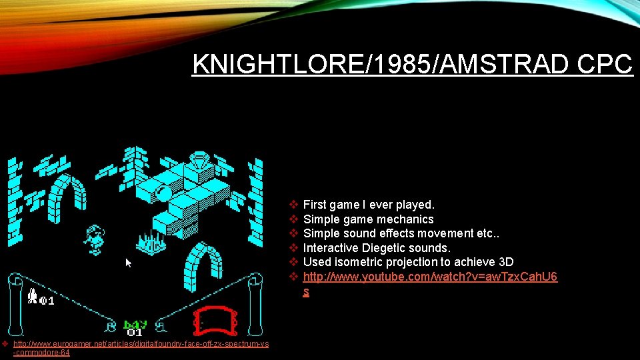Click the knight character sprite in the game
pos(95,238)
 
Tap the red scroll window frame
pos(215,320)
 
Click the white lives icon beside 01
pos(32,297)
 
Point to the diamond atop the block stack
pos(199,161)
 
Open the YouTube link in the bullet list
pos(430,277)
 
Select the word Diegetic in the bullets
pos(383,248)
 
